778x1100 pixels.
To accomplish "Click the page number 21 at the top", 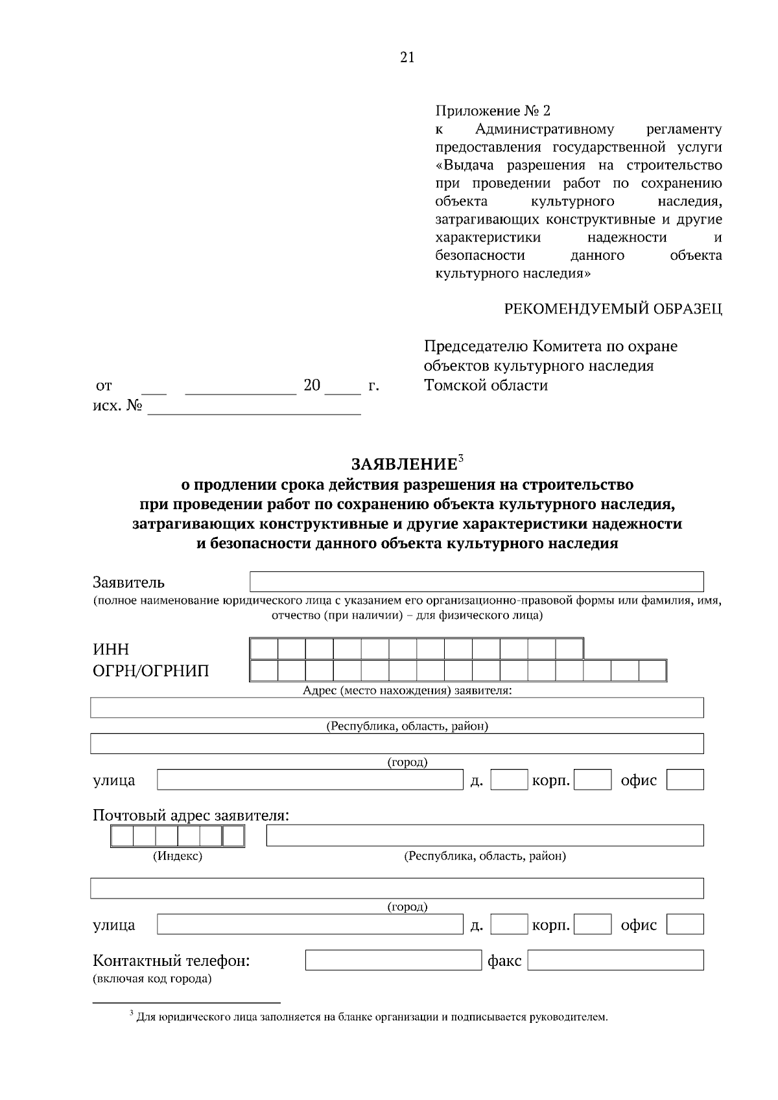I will coord(407,58).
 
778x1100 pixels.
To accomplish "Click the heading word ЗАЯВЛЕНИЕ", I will coord(404,464).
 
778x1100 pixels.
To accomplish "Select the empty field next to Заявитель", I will coord(477,582).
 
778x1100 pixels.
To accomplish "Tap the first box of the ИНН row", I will coord(264,648).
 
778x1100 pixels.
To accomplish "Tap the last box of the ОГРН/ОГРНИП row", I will coord(652,670).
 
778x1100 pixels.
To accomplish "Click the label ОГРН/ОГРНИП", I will coord(151,670).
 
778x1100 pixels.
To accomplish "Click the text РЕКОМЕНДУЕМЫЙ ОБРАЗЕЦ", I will coord(613,309).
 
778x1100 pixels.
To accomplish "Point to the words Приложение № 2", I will coord(493,111).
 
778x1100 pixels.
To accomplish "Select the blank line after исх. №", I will coord(254,407).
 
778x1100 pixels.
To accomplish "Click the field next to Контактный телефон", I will coord(393,959).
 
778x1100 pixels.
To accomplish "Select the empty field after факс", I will coord(615,959).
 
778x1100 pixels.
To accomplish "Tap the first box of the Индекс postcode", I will coord(123,836).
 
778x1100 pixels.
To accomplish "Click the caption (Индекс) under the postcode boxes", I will coord(178,856).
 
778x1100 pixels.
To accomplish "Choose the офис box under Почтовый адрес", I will coord(685,924).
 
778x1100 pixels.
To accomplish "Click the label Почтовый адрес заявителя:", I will coord(191,815).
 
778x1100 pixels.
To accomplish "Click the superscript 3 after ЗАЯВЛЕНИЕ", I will coord(461,458).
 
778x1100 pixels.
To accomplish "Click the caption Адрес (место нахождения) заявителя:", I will coord(407,691).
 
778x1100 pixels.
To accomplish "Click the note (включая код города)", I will coord(152,978).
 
